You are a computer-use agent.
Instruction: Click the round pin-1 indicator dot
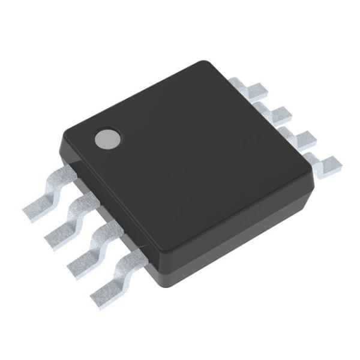point(106,139)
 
